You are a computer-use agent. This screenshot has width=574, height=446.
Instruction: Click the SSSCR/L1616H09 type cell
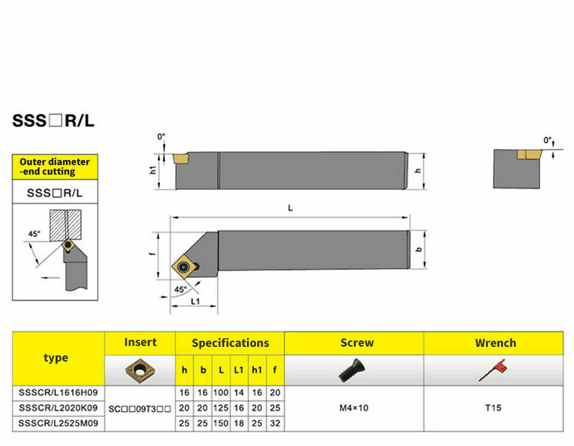58,393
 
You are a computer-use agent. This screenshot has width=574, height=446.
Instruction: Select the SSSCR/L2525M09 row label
58,423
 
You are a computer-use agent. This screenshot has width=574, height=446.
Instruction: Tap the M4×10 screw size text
353,408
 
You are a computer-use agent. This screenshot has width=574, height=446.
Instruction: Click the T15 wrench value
493,408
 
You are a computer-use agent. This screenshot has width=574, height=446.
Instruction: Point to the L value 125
221,408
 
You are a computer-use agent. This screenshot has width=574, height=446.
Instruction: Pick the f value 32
275,423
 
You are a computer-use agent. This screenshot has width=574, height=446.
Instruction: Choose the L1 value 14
239,393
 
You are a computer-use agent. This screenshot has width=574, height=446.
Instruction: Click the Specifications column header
230,343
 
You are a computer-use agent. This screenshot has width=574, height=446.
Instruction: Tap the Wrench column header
496,343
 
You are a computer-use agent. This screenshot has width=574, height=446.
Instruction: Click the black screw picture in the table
352,370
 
